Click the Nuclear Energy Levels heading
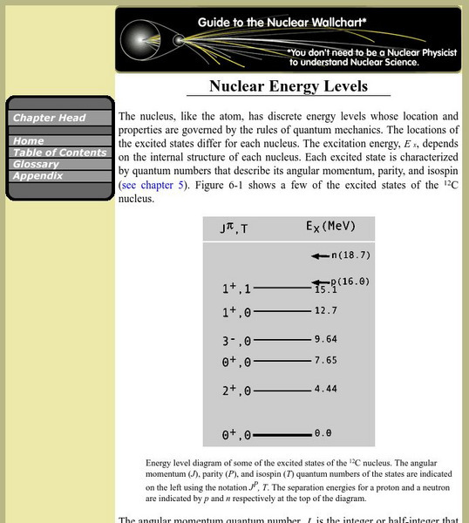coord(288,86)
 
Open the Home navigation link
coord(29,140)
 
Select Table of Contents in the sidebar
coord(53,153)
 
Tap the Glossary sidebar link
coord(36,164)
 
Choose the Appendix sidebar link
coord(37,175)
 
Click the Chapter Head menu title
coord(49,118)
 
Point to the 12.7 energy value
coord(325,310)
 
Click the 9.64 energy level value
coord(325,339)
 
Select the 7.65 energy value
coord(325,360)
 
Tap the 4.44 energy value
coord(325,390)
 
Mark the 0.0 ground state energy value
coord(323,433)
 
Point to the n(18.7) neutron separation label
coord(350,255)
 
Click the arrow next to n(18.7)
coord(319,255)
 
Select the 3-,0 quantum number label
coord(236,341)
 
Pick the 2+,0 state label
coord(236,391)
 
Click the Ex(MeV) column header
coord(330,227)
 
